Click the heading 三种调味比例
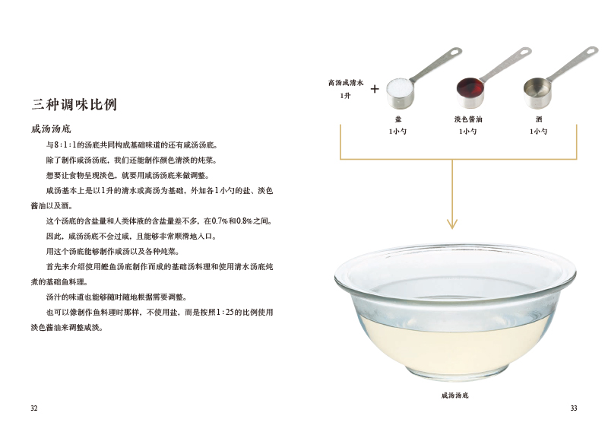click(x=74, y=105)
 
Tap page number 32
click(x=33, y=408)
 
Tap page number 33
click(x=574, y=408)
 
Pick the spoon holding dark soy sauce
click(x=470, y=92)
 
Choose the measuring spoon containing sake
click(x=539, y=92)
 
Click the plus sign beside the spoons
click(x=375, y=88)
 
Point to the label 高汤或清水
click(x=347, y=82)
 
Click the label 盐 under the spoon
click(x=398, y=119)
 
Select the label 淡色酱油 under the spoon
click(x=468, y=119)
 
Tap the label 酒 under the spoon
click(x=538, y=119)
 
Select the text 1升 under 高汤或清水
click(x=345, y=95)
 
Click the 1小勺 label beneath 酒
click(x=538, y=132)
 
